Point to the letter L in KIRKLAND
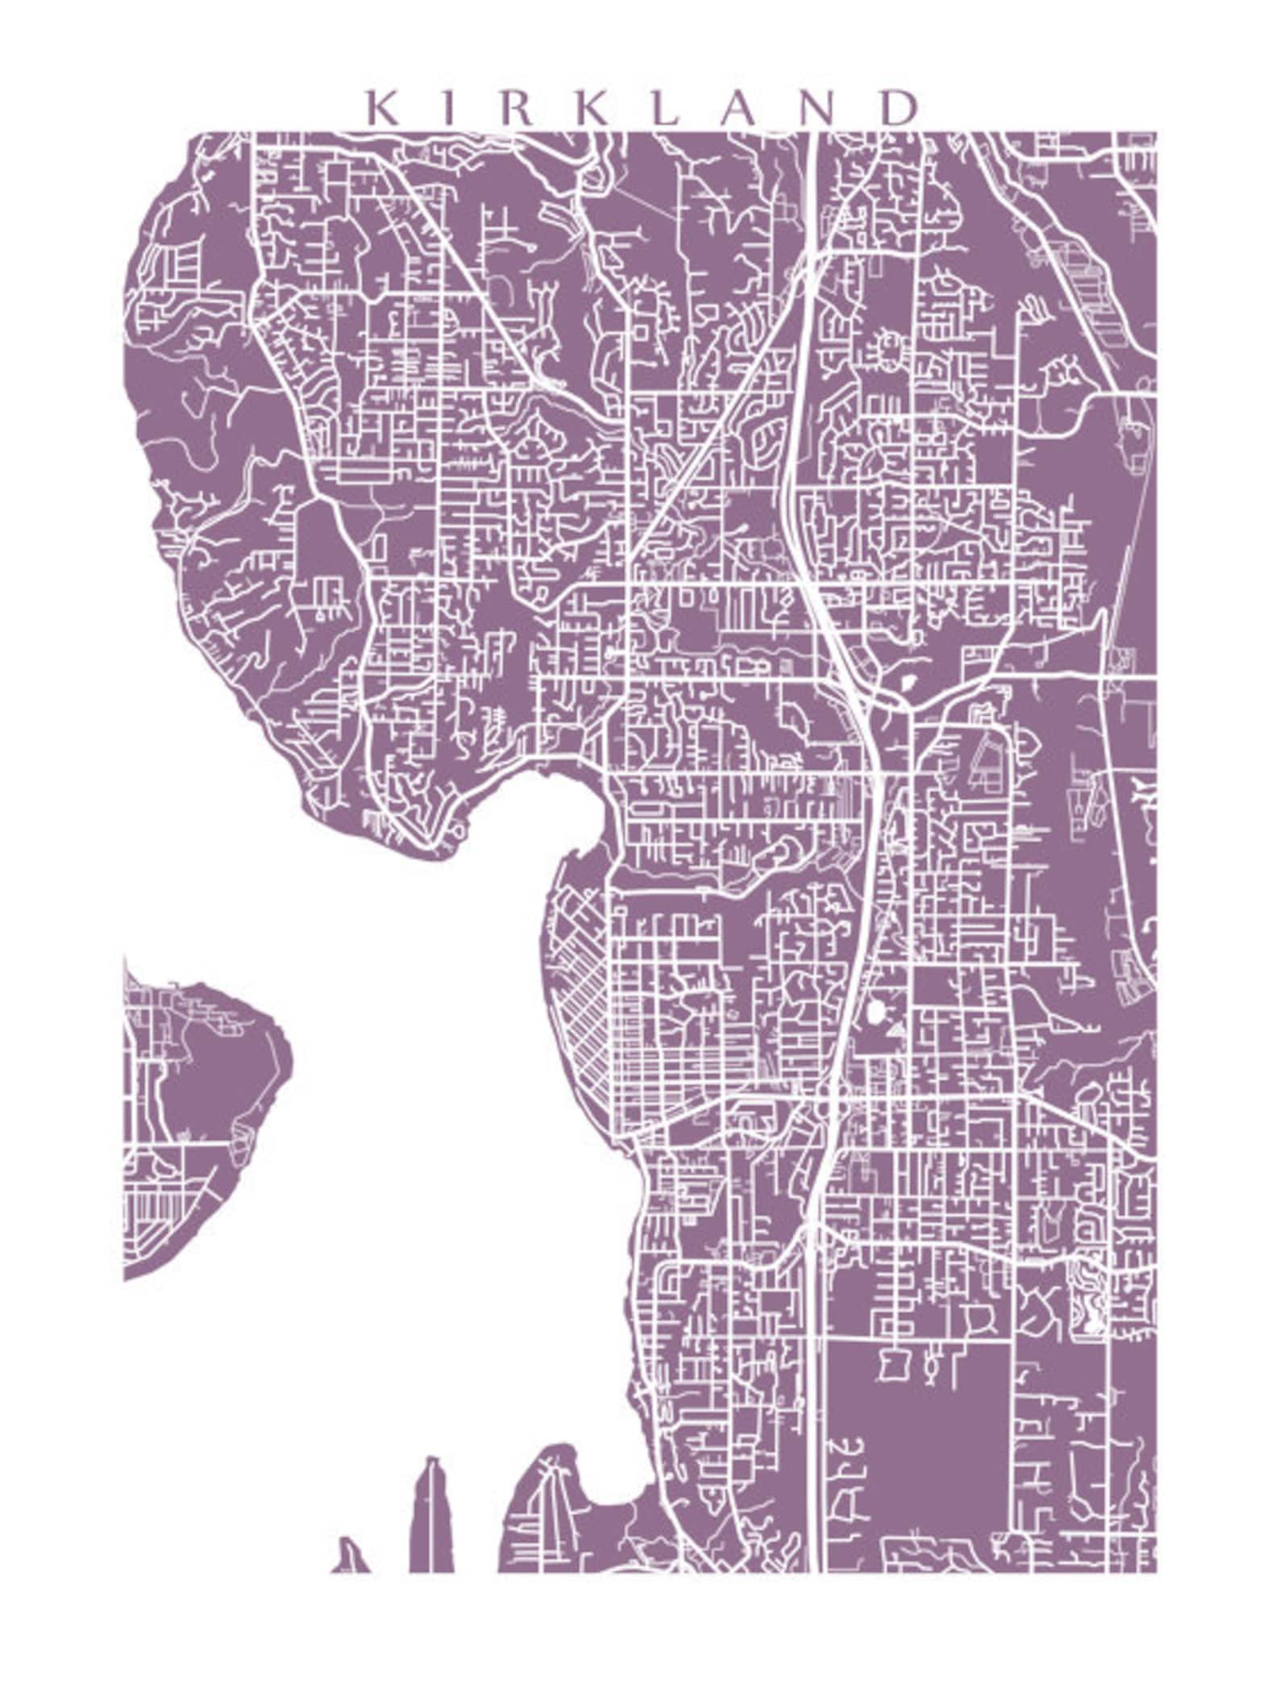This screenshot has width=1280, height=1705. tap(665, 108)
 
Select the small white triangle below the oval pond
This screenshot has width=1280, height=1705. tap(896, 1029)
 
